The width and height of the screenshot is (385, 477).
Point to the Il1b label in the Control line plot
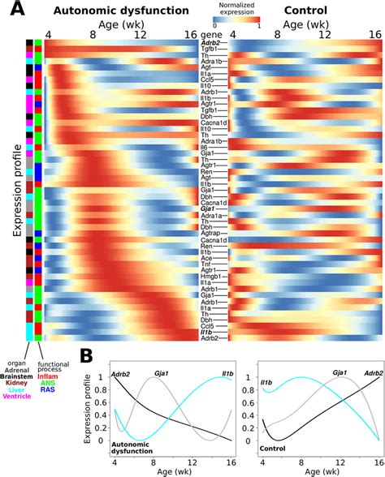coord(266,380)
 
